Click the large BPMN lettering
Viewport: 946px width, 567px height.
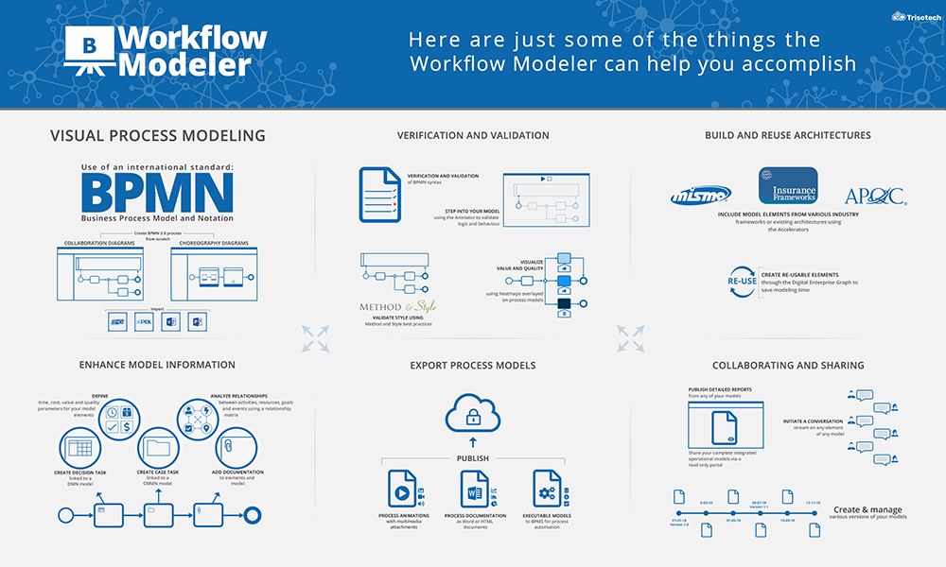(x=157, y=192)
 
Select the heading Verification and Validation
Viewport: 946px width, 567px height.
(x=473, y=135)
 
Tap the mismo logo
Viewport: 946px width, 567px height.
(x=700, y=196)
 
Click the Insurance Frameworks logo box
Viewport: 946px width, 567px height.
(x=787, y=186)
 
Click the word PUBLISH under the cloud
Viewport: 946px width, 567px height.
(x=473, y=458)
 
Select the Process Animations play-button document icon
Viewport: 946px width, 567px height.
(x=401, y=490)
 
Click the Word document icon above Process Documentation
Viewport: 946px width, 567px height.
(x=474, y=490)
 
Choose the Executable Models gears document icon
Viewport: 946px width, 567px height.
(x=547, y=490)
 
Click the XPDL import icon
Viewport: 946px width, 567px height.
(x=144, y=321)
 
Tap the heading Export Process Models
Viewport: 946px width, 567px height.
(x=473, y=365)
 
